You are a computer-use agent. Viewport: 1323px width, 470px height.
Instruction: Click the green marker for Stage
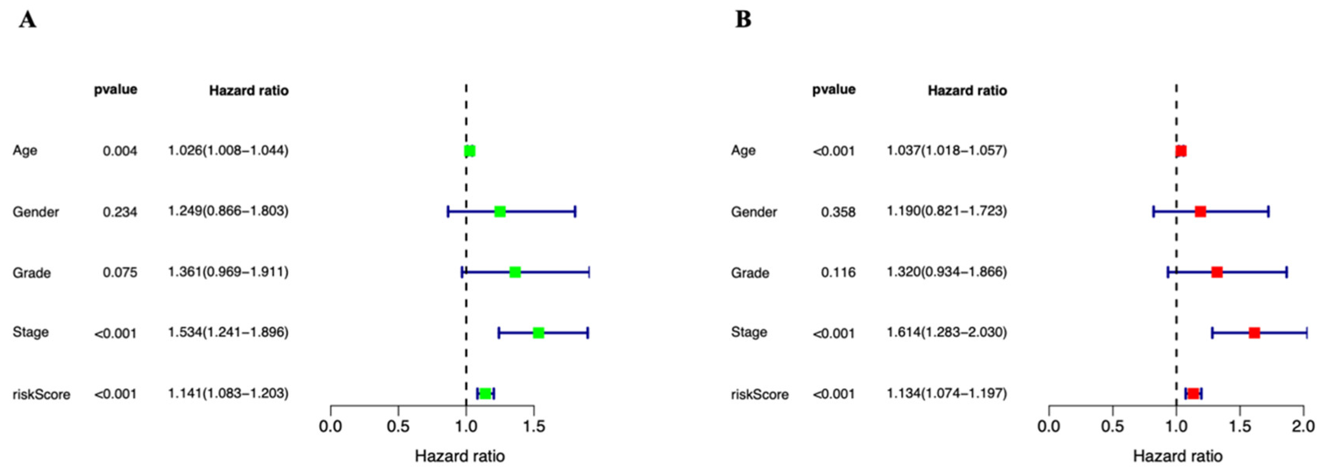pyautogui.click(x=538, y=333)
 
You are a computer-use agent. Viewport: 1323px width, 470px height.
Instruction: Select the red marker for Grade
pyautogui.click(x=1217, y=272)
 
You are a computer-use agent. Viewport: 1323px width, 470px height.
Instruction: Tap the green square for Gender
pyautogui.click(x=500, y=211)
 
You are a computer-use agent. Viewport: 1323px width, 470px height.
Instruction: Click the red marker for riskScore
pyautogui.click(x=1193, y=393)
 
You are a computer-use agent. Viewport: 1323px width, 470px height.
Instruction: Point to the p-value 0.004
pyautogui.click(x=120, y=151)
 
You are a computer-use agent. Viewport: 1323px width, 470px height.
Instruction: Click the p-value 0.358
pyautogui.click(x=838, y=212)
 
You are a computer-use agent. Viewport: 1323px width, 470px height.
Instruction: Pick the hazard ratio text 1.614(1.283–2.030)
pyautogui.click(x=947, y=332)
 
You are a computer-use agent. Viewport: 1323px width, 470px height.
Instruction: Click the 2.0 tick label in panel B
pyautogui.click(x=1303, y=426)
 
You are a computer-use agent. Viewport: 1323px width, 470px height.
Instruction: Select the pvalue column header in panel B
pyautogui.click(x=834, y=90)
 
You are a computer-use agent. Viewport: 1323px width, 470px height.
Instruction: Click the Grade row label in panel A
pyautogui.click(x=32, y=273)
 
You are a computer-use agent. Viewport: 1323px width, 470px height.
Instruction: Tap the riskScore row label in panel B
pyautogui.click(x=759, y=395)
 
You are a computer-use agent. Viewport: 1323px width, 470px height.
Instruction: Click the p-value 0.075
pyautogui.click(x=120, y=272)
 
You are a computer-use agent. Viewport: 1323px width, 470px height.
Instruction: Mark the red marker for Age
pyautogui.click(x=1181, y=151)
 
